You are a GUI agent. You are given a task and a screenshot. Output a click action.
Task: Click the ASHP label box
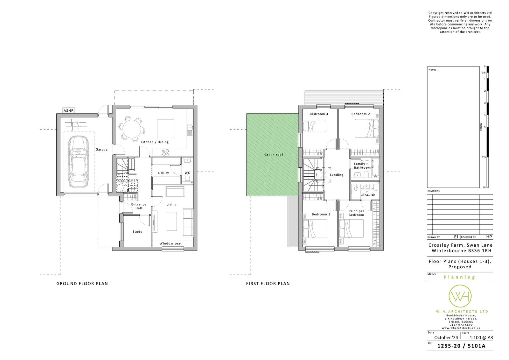click(68, 110)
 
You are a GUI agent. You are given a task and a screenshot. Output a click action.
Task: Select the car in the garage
click(78, 162)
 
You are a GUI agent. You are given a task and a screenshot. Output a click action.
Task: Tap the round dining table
click(132, 128)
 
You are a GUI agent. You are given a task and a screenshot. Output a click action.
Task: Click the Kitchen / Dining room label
click(155, 142)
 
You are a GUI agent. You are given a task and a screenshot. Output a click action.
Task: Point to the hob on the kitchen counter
click(165, 152)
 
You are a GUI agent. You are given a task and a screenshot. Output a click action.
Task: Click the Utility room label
click(164, 173)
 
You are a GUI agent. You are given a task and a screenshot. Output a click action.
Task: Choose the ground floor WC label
click(187, 173)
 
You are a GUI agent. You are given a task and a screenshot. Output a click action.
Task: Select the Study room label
click(137, 231)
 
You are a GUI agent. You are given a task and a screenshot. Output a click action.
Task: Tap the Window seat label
click(171, 243)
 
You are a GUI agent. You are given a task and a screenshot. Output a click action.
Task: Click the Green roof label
click(274, 155)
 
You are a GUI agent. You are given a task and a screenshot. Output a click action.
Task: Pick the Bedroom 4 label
click(319, 114)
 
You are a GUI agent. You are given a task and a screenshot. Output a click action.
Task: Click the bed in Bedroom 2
click(367, 129)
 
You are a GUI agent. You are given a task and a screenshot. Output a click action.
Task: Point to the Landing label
click(337, 175)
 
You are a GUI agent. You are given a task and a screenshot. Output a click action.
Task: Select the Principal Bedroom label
click(356, 213)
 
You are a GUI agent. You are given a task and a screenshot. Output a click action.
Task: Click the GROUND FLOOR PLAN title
click(82, 284)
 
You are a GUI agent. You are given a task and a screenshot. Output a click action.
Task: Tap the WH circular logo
click(460, 296)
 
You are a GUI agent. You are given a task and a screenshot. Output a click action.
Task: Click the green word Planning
click(459, 277)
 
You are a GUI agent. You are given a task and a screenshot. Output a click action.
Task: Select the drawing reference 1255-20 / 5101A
click(461, 346)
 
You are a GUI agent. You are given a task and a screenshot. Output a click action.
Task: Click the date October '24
click(446, 337)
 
